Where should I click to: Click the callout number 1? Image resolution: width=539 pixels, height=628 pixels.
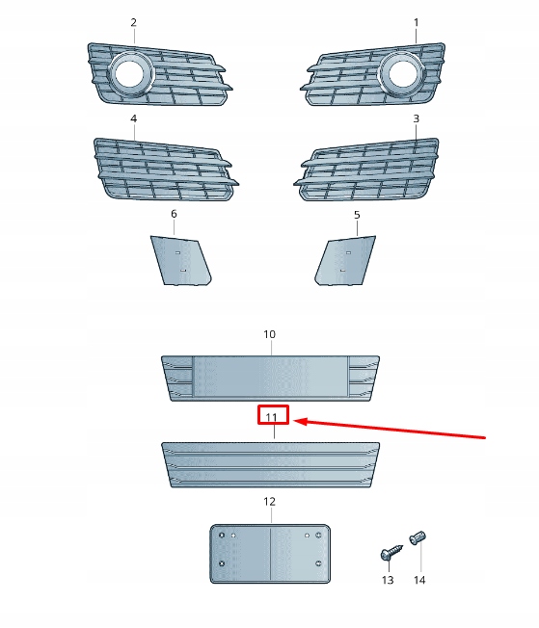click(417, 22)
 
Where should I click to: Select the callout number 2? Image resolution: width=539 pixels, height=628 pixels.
click(133, 22)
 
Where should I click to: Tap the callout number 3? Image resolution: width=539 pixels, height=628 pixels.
click(417, 118)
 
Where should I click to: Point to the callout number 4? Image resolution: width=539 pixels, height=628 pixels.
click(133, 118)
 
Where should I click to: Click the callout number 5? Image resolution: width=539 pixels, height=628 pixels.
click(357, 215)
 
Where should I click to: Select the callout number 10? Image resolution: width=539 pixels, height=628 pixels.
click(270, 334)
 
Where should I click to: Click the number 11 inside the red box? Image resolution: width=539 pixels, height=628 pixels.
click(273, 416)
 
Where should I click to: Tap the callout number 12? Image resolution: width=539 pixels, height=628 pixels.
click(270, 502)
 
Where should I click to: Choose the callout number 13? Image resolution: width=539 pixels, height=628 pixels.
click(388, 580)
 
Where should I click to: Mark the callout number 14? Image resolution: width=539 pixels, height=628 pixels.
click(419, 580)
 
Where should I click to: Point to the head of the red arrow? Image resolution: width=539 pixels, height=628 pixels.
click(296, 421)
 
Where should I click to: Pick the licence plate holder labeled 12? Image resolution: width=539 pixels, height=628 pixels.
click(270, 553)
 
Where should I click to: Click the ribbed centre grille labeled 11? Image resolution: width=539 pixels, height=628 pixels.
click(270, 465)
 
